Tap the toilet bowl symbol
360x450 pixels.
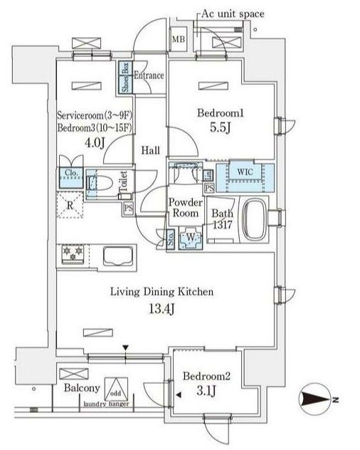point(100,184)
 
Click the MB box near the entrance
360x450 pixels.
point(177,38)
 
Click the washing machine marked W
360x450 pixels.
point(189,237)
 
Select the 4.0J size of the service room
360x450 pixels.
point(93,142)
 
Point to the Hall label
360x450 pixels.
point(149,150)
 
